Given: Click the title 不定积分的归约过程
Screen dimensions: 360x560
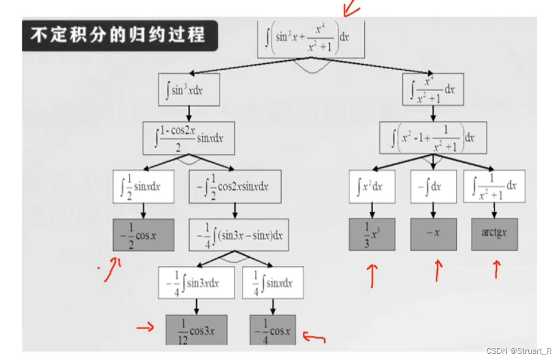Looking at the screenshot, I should click(x=117, y=36).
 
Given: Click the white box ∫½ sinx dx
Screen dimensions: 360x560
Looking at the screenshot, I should click(x=144, y=186).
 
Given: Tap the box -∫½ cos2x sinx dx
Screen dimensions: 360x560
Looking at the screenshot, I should click(x=234, y=186).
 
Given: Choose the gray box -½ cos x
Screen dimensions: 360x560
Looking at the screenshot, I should click(x=143, y=235).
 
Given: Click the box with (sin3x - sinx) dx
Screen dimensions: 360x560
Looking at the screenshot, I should click(x=234, y=235).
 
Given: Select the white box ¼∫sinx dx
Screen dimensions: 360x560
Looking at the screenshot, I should click(x=272, y=282).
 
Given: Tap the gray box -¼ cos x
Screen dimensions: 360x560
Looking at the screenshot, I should click(x=272, y=330).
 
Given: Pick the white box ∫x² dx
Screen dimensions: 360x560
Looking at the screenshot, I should click(x=371, y=186).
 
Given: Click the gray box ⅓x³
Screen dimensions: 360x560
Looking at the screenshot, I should click(x=371, y=234).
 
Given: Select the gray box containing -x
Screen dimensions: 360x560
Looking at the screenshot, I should click(x=433, y=234).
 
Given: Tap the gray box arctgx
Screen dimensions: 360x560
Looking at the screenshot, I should click(x=494, y=234).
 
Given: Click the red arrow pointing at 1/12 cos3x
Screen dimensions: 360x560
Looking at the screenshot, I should click(x=145, y=327).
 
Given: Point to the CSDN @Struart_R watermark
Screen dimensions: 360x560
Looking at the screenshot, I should click(x=519, y=351).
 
